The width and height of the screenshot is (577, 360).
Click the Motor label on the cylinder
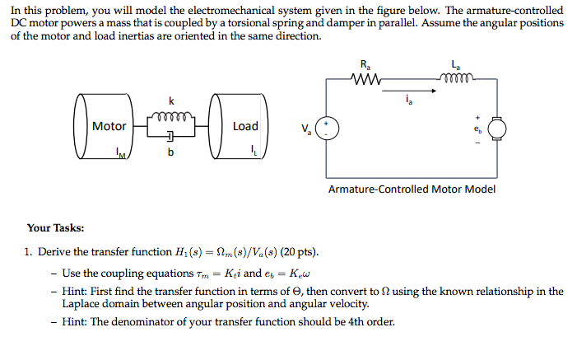[109, 126]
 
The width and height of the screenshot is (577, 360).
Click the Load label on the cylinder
[245, 126]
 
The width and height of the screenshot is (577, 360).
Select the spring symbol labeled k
[172, 115]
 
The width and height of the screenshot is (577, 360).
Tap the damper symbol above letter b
[171, 137]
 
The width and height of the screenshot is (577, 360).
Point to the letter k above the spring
[171, 101]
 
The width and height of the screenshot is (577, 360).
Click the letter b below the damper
[171, 153]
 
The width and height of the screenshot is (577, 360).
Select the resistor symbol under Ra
[365, 80]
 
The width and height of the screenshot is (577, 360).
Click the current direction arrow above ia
[403, 91]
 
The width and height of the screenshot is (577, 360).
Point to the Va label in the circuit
[306, 129]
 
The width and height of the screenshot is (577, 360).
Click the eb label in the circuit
[476, 129]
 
